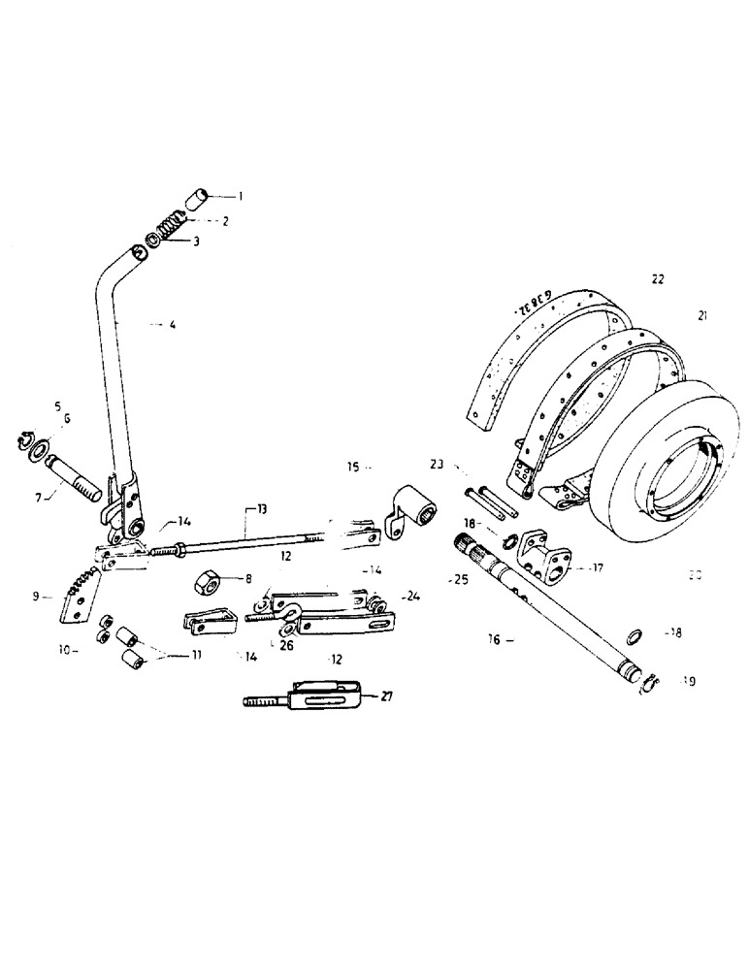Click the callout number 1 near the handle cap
(x=241, y=196)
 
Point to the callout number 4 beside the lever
(x=172, y=326)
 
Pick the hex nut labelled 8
(x=206, y=584)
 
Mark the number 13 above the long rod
(x=261, y=509)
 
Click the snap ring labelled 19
(x=648, y=685)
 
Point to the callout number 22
(x=658, y=278)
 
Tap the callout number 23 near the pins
(x=438, y=465)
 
